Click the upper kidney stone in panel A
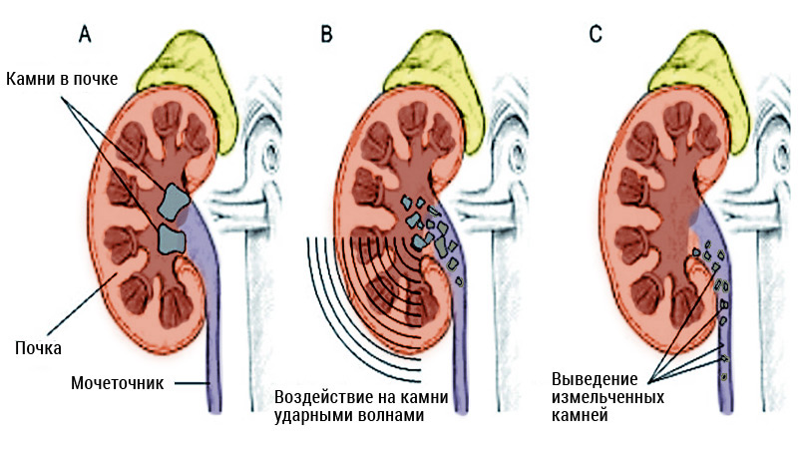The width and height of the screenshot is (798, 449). coord(176,202)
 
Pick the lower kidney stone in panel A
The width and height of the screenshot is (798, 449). coord(172,239)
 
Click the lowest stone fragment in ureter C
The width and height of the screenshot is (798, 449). coord(724,376)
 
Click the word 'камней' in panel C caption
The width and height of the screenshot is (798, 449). coord(579,417)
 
